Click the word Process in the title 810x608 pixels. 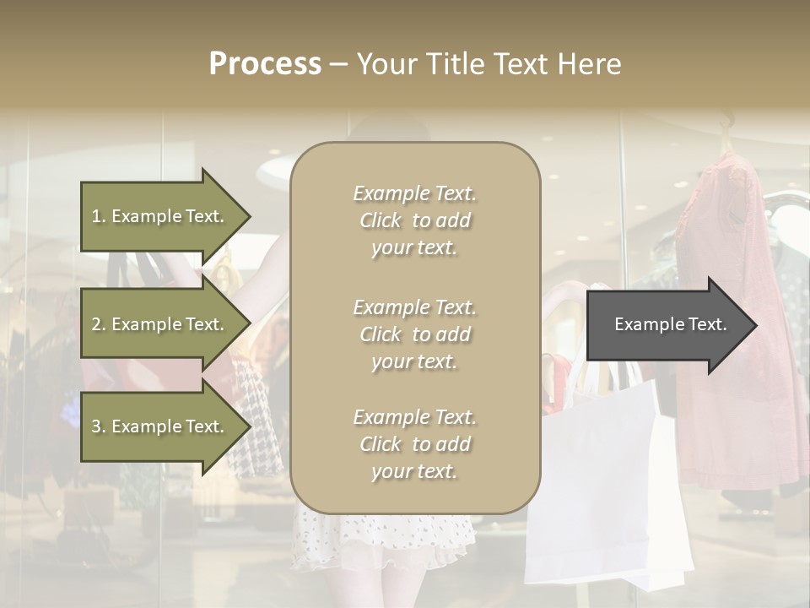[265, 64]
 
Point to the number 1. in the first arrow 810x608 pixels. [99, 216]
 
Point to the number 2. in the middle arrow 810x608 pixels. [99, 324]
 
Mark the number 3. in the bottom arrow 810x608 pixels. [99, 426]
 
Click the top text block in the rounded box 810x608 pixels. [415, 220]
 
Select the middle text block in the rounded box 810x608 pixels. [415, 334]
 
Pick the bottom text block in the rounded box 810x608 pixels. [415, 444]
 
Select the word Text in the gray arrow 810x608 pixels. [707, 324]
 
